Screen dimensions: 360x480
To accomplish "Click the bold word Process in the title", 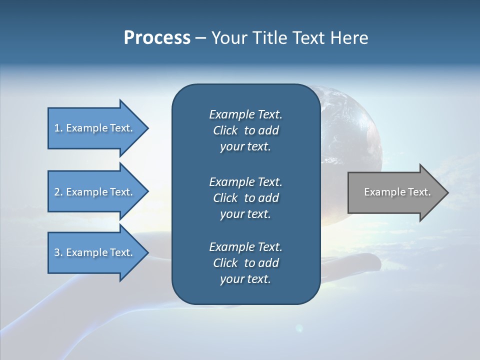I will click(157, 37).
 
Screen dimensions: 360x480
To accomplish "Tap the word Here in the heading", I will click(349, 37).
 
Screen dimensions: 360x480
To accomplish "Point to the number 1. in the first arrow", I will click(58, 128).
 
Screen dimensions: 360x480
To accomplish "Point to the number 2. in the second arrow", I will click(58, 192).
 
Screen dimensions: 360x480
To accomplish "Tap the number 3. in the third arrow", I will click(58, 252).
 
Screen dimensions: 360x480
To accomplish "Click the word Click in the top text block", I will click(225, 130).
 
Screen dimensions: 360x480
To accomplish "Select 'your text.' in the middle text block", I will click(245, 214).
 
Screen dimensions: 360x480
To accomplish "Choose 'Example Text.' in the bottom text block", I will click(245, 247).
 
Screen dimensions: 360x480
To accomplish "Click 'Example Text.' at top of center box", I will click(245, 114).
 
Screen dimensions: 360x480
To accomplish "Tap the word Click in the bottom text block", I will click(225, 263).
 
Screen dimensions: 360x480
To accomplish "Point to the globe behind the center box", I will click(350, 130).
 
